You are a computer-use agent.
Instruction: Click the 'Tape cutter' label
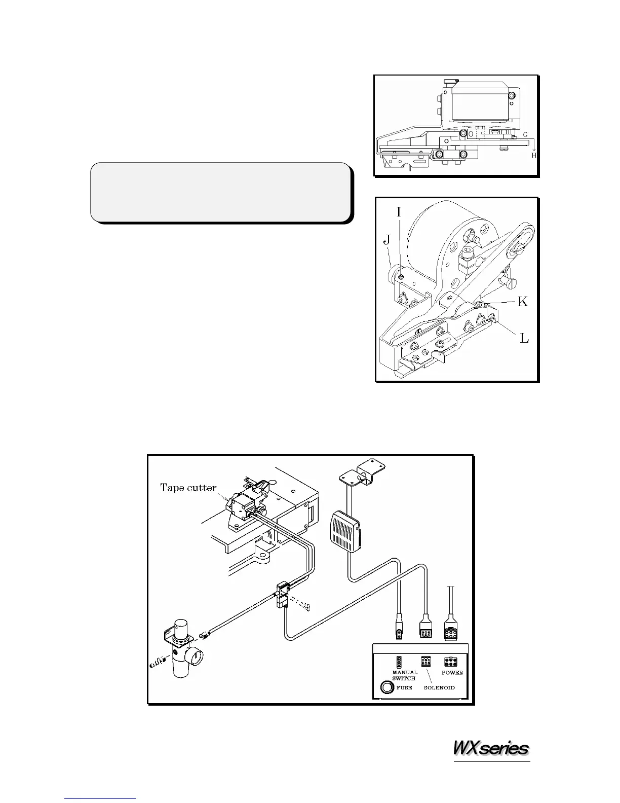point(188,488)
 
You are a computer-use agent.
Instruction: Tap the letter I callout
point(399,211)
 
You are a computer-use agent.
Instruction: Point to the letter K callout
point(522,302)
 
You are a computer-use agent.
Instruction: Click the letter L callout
point(524,338)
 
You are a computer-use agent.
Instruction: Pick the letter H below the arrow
point(533,156)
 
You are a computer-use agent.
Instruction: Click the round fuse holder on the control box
point(387,687)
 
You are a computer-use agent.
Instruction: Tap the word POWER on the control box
point(452,673)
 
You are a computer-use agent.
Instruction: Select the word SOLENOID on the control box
point(439,688)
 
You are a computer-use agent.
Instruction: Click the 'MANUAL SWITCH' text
point(404,676)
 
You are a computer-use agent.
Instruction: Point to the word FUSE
point(404,688)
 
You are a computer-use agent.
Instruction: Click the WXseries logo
point(491,748)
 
